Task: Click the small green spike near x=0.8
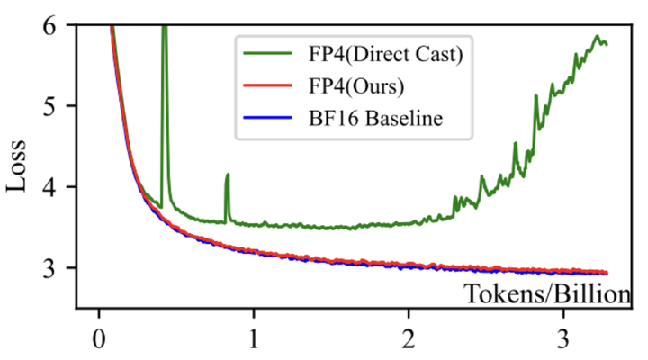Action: (228, 175)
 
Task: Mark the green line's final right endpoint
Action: (607, 43)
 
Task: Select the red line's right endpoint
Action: (607, 272)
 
